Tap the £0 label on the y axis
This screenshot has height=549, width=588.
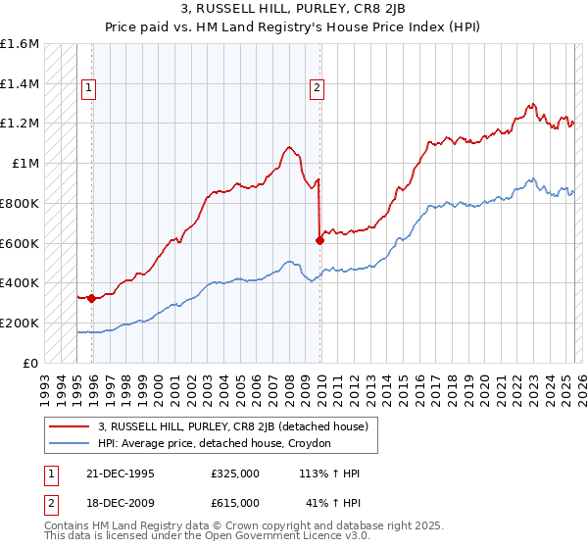pyautogui.click(x=30, y=363)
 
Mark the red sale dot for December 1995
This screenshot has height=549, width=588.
pyautogui.click(x=92, y=298)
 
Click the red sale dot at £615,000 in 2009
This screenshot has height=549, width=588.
pyautogui.click(x=319, y=240)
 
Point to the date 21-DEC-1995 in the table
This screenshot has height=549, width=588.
pyautogui.click(x=120, y=474)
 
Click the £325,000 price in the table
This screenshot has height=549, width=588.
pyautogui.click(x=234, y=474)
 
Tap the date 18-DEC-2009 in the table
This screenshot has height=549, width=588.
pyautogui.click(x=120, y=502)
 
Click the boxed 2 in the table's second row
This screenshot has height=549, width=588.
pyautogui.click(x=50, y=502)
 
